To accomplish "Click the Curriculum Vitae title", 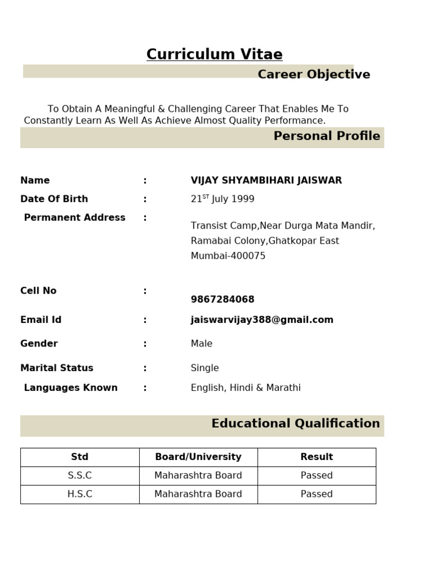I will click(x=214, y=54).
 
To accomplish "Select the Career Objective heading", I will click(x=314, y=75).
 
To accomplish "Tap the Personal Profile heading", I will click(x=327, y=136).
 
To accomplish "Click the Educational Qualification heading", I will click(x=295, y=423).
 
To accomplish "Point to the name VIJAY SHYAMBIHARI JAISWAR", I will click(x=266, y=180).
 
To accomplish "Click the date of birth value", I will click(x=222, y=199).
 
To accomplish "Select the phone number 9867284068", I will click(x=222, y=299).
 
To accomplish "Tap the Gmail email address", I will click(x=262, y=320).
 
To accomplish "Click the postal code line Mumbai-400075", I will click(x=228, y=256).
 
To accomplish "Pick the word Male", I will click(x=201, y=344).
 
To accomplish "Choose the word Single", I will click(x=205, y=368).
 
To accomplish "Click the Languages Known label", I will click(x=71, y=387).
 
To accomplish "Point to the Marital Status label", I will click(x=57, y=368).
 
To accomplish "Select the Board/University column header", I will click(x=198, y=457).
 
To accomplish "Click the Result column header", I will click(x=317, y=457).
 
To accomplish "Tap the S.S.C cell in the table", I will click(x=80, y=476).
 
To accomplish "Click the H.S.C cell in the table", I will click(x=80, y=494).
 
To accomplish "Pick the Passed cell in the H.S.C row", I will click(x=317, y=494).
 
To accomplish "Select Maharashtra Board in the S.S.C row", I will click(x=198, y=476).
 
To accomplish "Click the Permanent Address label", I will click(x=75, y=217).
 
